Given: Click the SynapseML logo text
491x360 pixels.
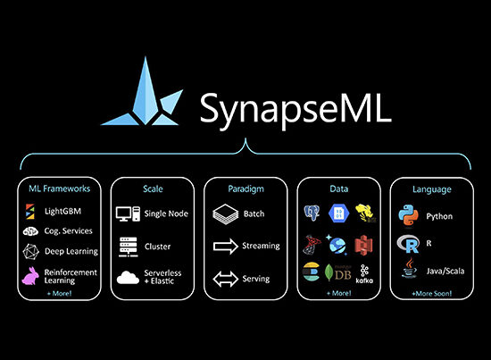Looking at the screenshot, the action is [x=295, y=110].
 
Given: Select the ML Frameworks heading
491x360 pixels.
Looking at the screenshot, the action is [x=60, y=188].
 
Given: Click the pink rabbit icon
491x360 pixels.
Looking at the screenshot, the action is [x=30, y=276].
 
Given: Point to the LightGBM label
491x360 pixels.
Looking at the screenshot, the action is [x=63, y=211].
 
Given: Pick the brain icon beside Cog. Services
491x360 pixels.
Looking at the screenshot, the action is [x=30, y=231].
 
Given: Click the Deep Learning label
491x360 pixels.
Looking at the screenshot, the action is [x=71, y=251].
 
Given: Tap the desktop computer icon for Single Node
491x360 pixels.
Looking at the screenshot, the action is [x=128, y=213].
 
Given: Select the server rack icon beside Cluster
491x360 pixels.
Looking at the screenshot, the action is [x=129, y=247].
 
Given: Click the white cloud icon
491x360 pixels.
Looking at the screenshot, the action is [x=128, y=278].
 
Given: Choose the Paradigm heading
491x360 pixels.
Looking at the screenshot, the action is [x=245, y=188].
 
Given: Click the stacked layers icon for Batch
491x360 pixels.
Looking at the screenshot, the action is [x=226, y=213].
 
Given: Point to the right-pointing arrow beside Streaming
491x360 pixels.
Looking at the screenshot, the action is [x=226, y=247].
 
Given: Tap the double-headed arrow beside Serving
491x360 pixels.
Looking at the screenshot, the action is [x=226, y=279].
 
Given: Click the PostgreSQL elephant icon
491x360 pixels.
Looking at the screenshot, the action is [x=312, y=213].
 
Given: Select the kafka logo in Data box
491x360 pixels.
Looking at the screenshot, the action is [x=364, y=274].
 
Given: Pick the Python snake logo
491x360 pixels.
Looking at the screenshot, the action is [x=408, y=215].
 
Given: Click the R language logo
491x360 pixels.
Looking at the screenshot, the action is [x=408, y=244].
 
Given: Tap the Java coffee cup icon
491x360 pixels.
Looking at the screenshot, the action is [x=409, y=268].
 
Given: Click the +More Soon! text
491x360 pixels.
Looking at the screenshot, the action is [x=432, y=294].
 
